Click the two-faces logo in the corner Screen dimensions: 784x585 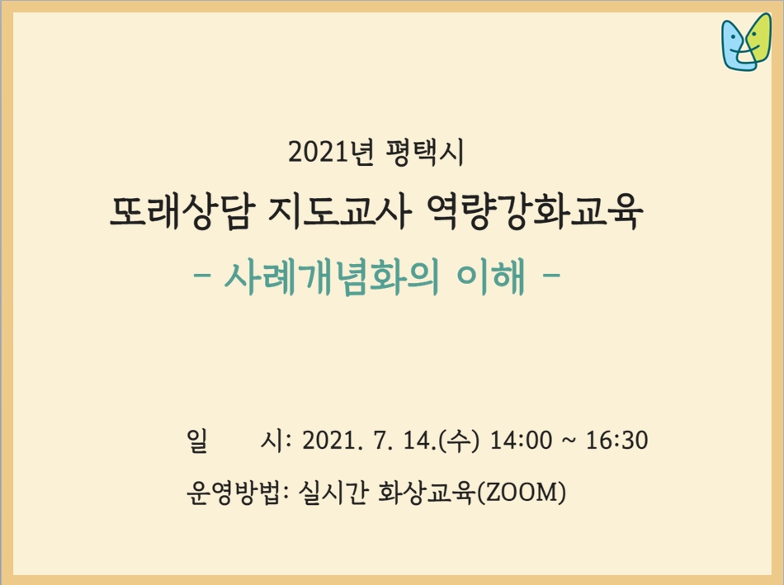point(746,42)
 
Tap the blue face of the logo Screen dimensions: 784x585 point(734,46)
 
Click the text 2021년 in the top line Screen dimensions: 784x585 point(331,152)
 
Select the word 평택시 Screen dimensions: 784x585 point(425,152)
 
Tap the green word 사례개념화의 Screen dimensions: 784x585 point(331,276)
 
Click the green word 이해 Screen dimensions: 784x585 point(491,276)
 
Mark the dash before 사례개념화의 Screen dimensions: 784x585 point(201,275)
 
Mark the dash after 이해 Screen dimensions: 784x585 point(551,275)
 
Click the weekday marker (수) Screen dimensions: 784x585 point(459,441)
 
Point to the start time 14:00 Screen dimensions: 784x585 point(521,441)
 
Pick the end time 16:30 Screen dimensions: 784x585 point(617,441)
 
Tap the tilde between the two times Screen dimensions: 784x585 point(569,441)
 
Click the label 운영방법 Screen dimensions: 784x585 point(232,493)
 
